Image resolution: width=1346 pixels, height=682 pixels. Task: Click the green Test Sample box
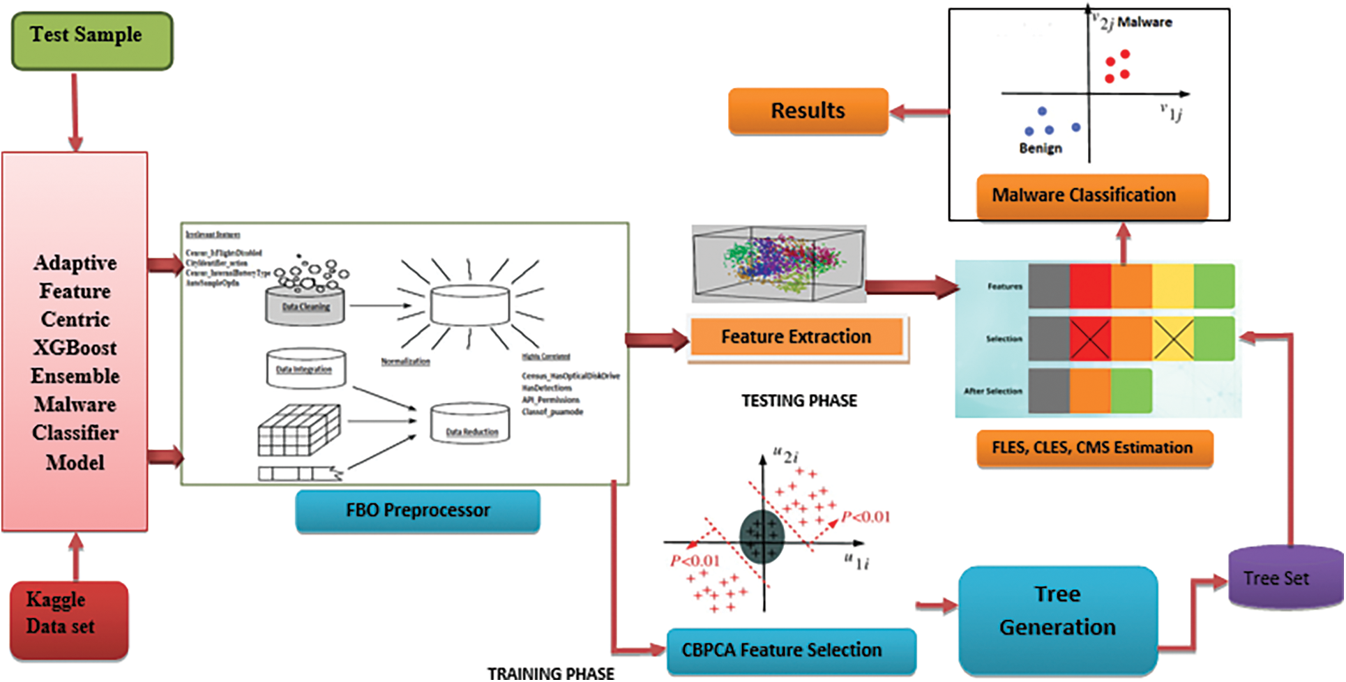click(x=91, y=40)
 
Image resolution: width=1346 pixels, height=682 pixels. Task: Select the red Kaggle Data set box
click(x=68, y=619)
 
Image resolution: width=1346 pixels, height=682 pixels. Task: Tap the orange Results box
click(x=808, y=111)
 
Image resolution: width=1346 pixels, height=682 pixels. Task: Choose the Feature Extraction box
click(x=796, y=337)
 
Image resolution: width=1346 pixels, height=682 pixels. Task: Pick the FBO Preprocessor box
click(x=418, y=510)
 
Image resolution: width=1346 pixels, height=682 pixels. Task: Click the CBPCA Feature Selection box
click(x=791, y=650)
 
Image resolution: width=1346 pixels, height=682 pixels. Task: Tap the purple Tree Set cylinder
click(x=1283, y=577)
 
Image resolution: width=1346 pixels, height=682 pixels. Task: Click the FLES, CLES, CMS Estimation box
click(x=1094, y=448)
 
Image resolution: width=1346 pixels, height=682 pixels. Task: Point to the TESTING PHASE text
click(x=799, y=401)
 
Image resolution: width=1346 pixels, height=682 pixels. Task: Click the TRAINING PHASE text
click(x=551, y=673)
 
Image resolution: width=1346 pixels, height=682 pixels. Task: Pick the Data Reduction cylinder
click(x=470, y=423)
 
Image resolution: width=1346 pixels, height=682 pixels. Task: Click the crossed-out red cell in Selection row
click(x=1090, y=339)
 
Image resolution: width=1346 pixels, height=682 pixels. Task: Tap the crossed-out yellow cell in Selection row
click(x=1173, y=339)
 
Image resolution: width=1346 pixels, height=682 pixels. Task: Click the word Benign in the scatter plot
click(x=1041, y=149)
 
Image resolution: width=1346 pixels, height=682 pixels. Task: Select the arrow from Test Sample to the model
click(x=75, y=112)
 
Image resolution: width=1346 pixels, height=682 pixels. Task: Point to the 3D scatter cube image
click(x=778, y=264)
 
